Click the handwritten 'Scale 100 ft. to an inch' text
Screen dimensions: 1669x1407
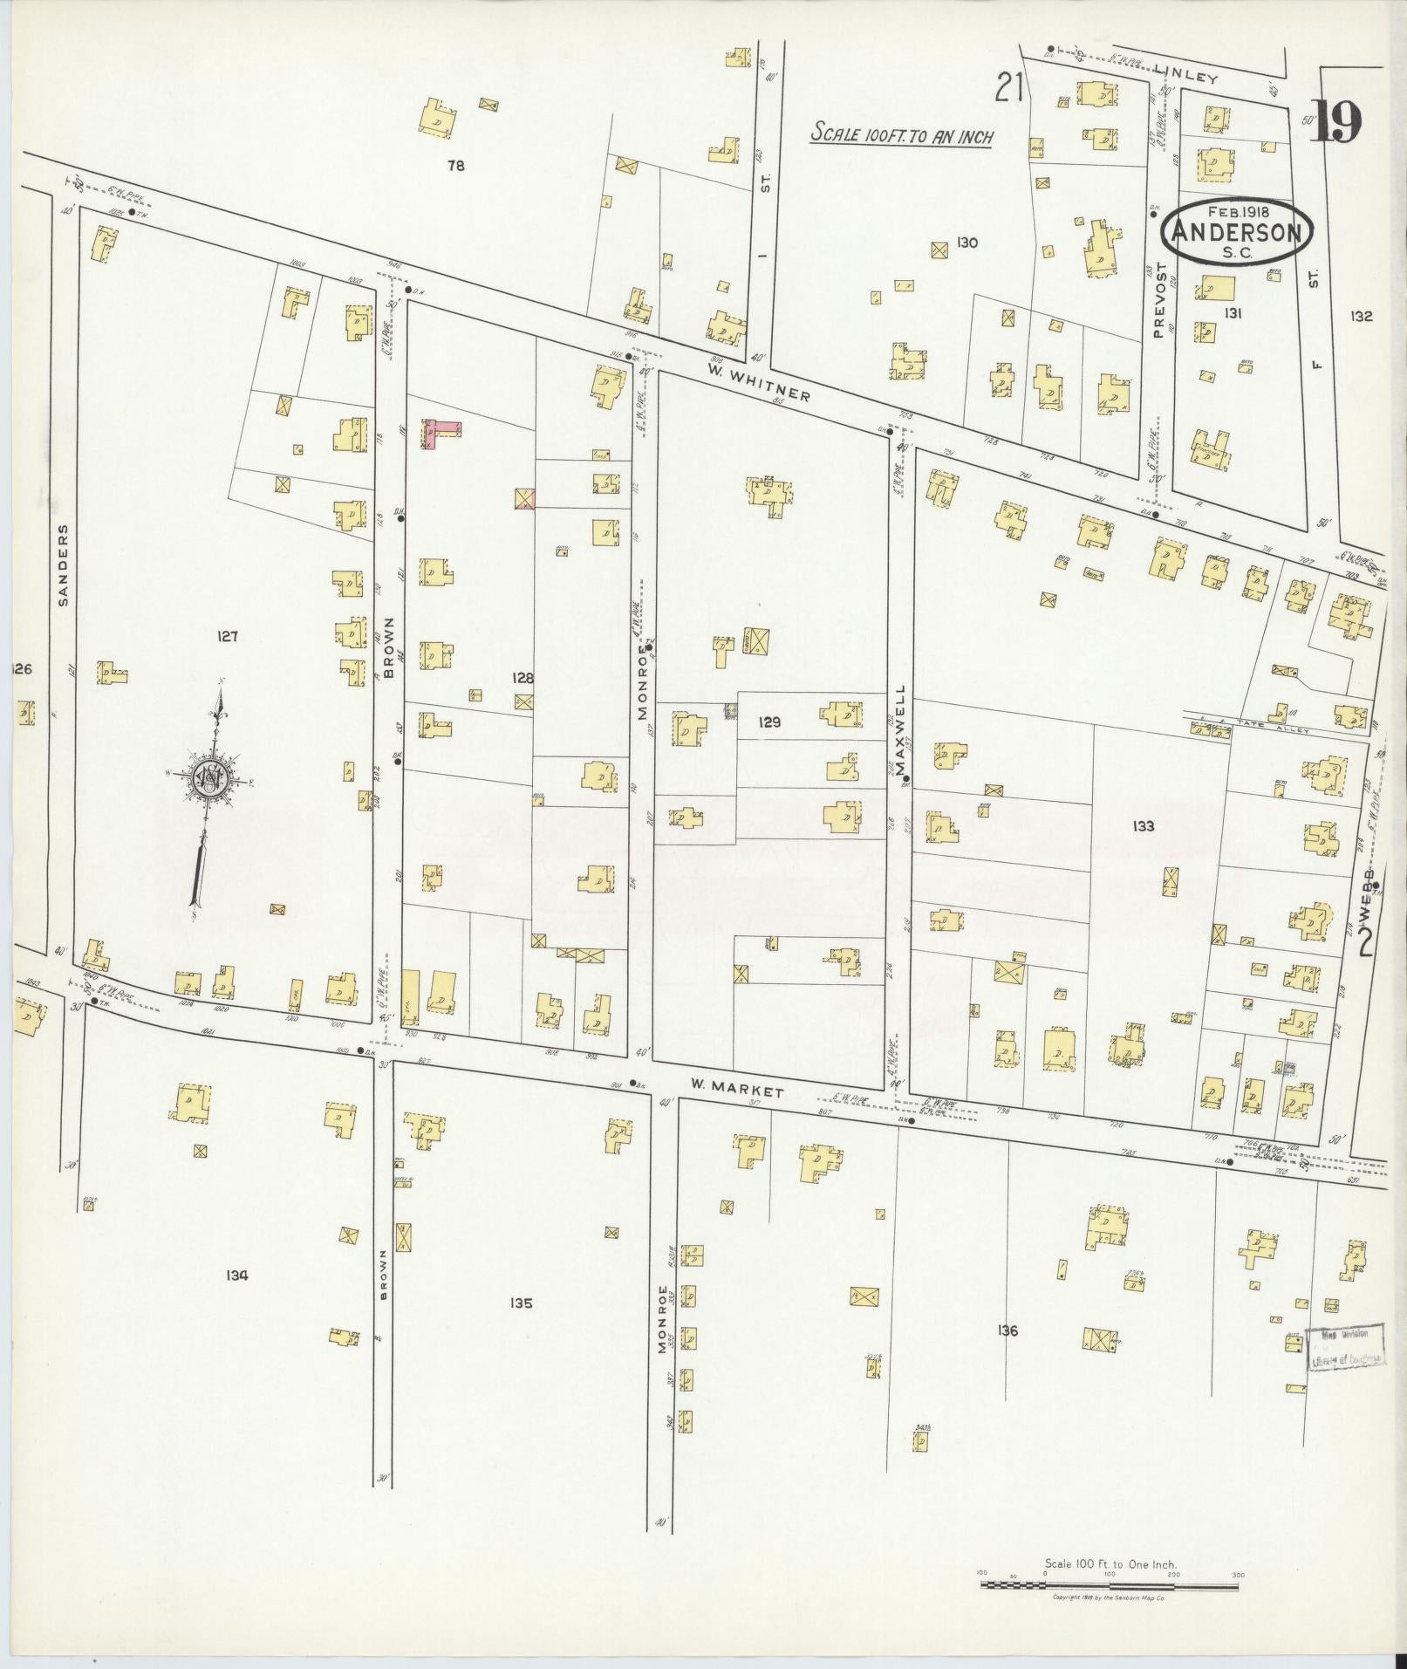pos(902,135)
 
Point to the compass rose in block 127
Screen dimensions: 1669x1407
pos(209,775)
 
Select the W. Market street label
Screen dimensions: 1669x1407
pos(737,1088)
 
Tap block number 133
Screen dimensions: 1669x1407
pos(1142,826)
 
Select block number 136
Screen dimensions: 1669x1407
pos(1007,1330)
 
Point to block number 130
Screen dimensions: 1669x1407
pos(966,243)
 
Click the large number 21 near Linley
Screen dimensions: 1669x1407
pos(1009,88)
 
